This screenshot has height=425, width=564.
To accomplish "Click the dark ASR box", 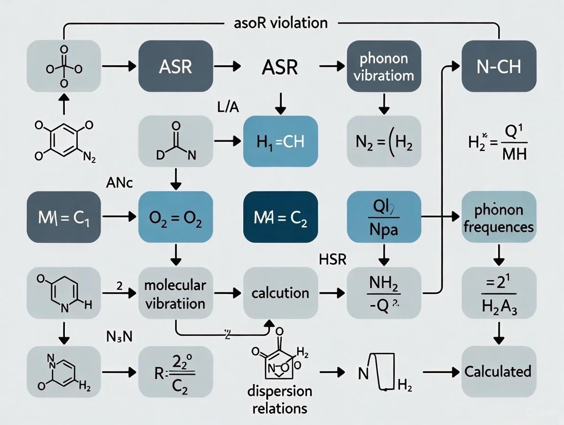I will point(176,66).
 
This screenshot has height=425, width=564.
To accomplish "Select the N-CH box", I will point(499,66).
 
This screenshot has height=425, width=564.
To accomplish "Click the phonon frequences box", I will point(499,219).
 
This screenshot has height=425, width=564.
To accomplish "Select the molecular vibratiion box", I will point(175,294).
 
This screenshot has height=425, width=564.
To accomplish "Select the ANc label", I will point(119,183).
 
